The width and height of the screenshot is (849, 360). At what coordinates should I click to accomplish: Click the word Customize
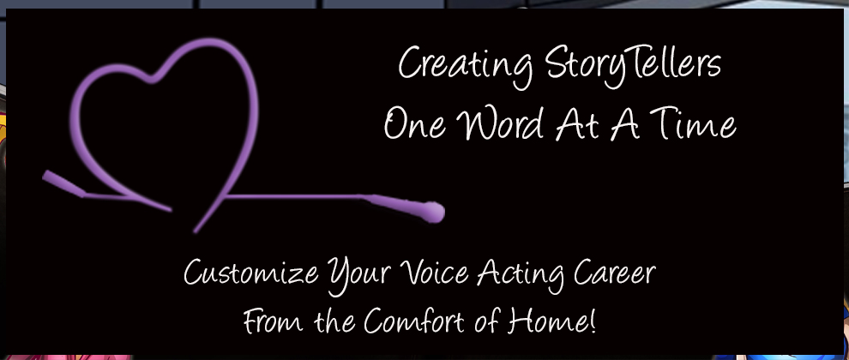tap(251, 273)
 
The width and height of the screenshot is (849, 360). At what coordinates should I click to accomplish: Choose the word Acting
tap(521, 274)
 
